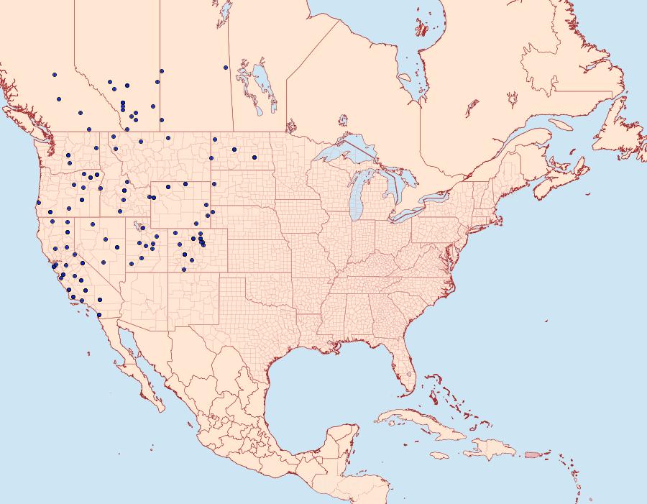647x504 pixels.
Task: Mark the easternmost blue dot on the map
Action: click(x=254, y=157)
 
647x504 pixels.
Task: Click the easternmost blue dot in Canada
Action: click(x=226, y=68)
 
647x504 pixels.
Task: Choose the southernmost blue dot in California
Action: click(x=100, y=299)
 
